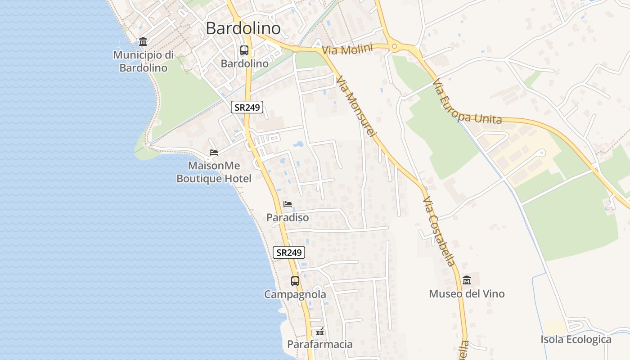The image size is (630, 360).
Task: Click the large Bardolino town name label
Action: pyautogui.click(x=243, y=28)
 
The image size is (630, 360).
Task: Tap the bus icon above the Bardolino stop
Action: pyautogui.click(x=244, y=50)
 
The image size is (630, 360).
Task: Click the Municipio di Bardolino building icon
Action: pyautogui.click(x=143, y=42)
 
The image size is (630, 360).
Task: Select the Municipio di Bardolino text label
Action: pyautogui.click(x=143, y=62)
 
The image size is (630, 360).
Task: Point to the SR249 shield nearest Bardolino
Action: pyautogui.click(x=247, y=107)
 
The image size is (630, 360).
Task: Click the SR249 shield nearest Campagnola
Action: pyautogui.click(x=288, y=252)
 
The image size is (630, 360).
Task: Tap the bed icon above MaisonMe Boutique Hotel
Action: pyautogui.click(x=214, y=153)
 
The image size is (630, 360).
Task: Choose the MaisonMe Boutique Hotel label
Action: pyautogui.click(x=214, y=172)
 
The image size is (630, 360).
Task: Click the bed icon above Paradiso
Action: pyautogui.click(x=288, y=204)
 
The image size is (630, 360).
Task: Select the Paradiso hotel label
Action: pyautogui.click(x=288, y=218)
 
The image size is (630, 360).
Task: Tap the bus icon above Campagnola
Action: pyautogui.click(x=295, y=281)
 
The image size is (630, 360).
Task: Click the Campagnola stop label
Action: pyautogui.click(x=295, y=295)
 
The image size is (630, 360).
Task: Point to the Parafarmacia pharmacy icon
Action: pyautogui.click(x=320, y=332)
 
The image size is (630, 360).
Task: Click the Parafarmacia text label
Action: pyautogui.click(x=320, y=345)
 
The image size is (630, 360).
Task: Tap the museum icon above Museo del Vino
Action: pyautogui.click(x=467, y=280)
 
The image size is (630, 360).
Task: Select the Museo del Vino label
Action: pyautogui.click(x=467, y=294)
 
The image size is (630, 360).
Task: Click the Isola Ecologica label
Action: pyautogui.click(x=576, y=339)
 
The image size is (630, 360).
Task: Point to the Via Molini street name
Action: pyautogui.click(x=347, y=49)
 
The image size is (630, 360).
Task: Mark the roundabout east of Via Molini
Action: pyautogui.click(x=395, y=45)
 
